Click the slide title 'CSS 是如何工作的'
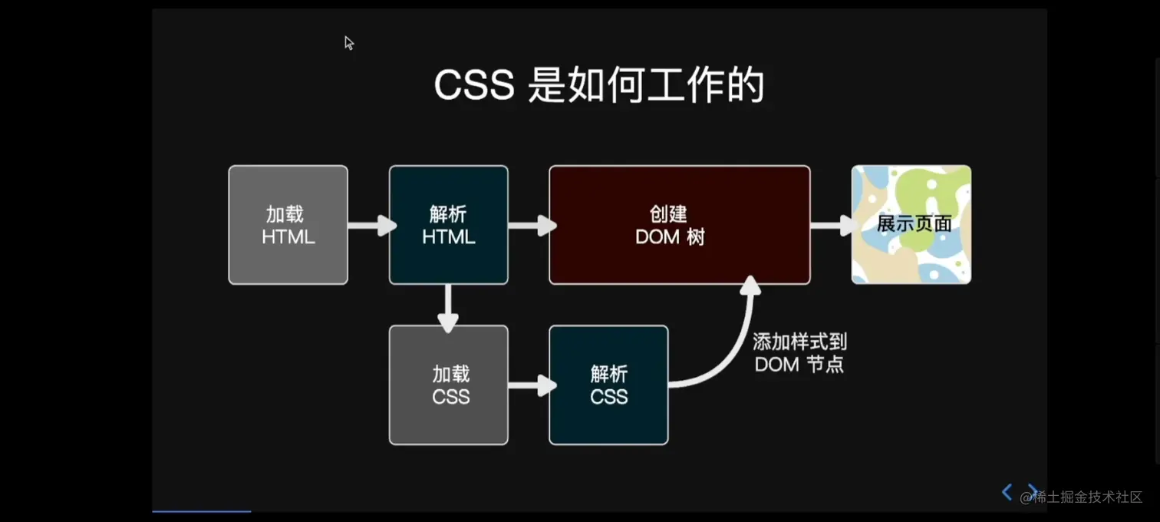pyautogui.click(x=599, y=86)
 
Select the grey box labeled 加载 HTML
pyautogui.click(x=288, y=225)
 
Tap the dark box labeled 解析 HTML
pyautogui.click(x=448, y=225)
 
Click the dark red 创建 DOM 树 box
pyautogui.click(x=679, y=225)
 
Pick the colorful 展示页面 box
pyautogui.click(x=911, y=225)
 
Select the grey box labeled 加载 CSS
pyautogui.click(x=448, y=385)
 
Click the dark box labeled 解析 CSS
pyautogui.click(x=608, y=385)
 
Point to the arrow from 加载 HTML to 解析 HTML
pyautogui.click(x=372, y=226)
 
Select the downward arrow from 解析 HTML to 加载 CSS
pyautogui.click(x=447, y=309)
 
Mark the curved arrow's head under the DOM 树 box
pyautogui.click(x=750, y=286)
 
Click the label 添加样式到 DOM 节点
pyautogui.click(x=799, y=352)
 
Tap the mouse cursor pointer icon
pyautogui.click(x=349, y=43)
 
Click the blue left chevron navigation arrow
pyautogui.click(x=1007, y=492)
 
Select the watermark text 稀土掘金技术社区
pyautogui.click(x=1087, y=497)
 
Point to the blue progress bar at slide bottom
pyautogui.click(x=201, y=510)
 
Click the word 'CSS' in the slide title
pyautogui.click(x=473, y=86)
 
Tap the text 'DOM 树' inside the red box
pyautogui.click(x=670, y=237)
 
